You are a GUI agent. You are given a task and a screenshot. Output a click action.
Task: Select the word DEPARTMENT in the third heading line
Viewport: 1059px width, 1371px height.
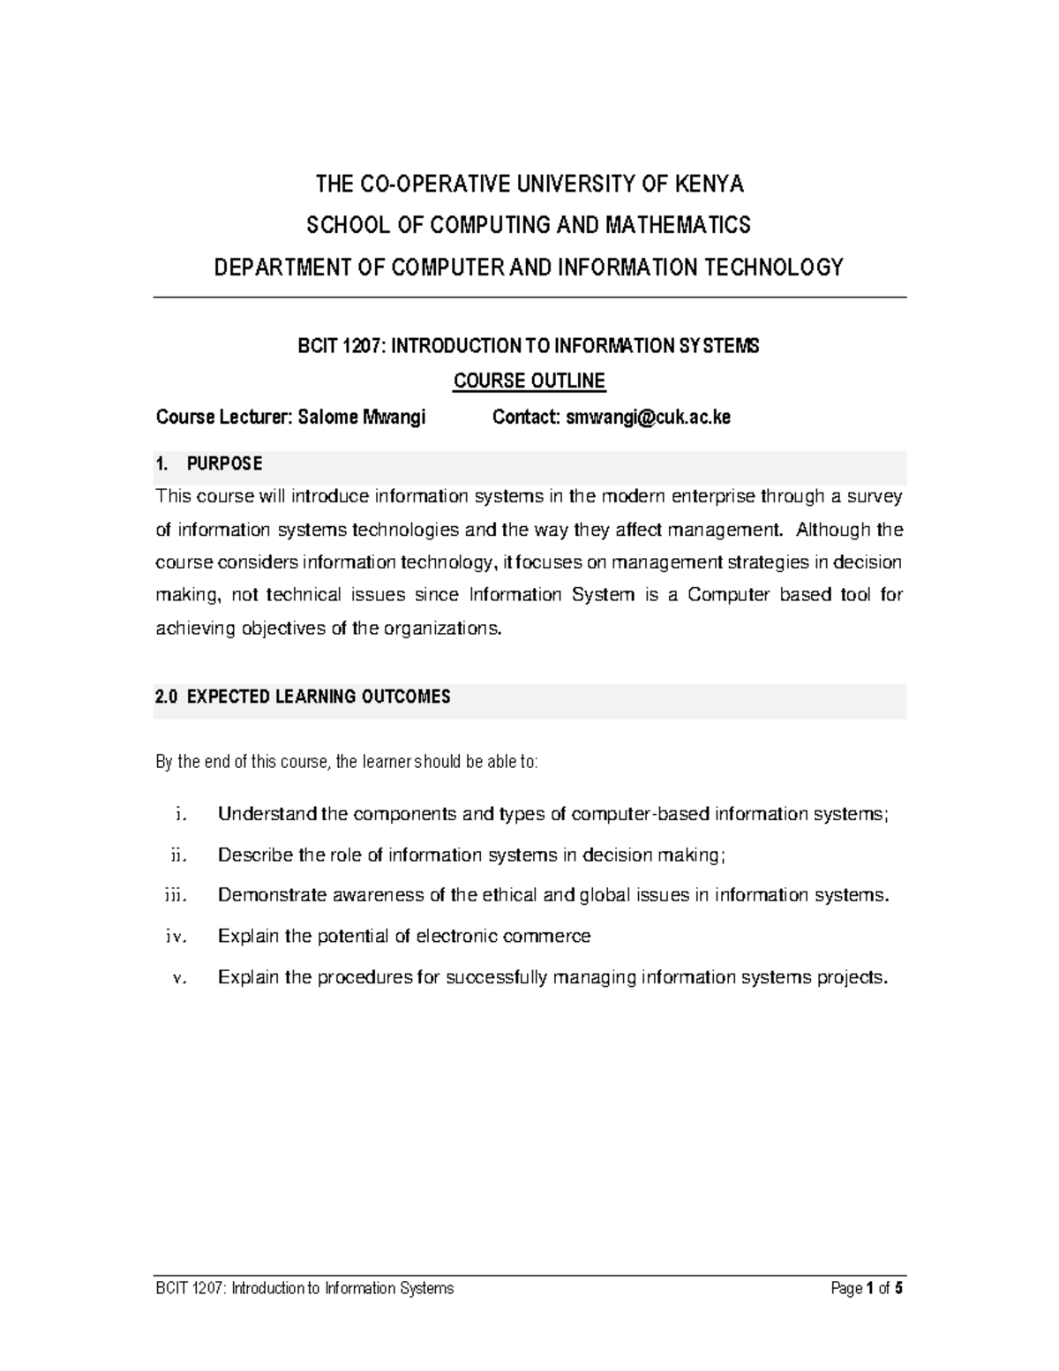(271, 267)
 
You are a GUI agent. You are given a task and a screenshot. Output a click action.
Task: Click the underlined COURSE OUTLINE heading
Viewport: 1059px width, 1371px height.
(529, 381)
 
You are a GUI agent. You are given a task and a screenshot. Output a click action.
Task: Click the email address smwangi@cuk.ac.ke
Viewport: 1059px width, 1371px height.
(647, 418)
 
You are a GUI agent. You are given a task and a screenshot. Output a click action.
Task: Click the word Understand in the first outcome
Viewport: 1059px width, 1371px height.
(267, 814)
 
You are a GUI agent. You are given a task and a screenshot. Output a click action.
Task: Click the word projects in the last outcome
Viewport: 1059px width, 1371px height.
(851, 977)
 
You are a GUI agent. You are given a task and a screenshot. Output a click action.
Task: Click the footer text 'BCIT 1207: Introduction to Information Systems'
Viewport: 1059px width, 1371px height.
(304, 1288)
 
